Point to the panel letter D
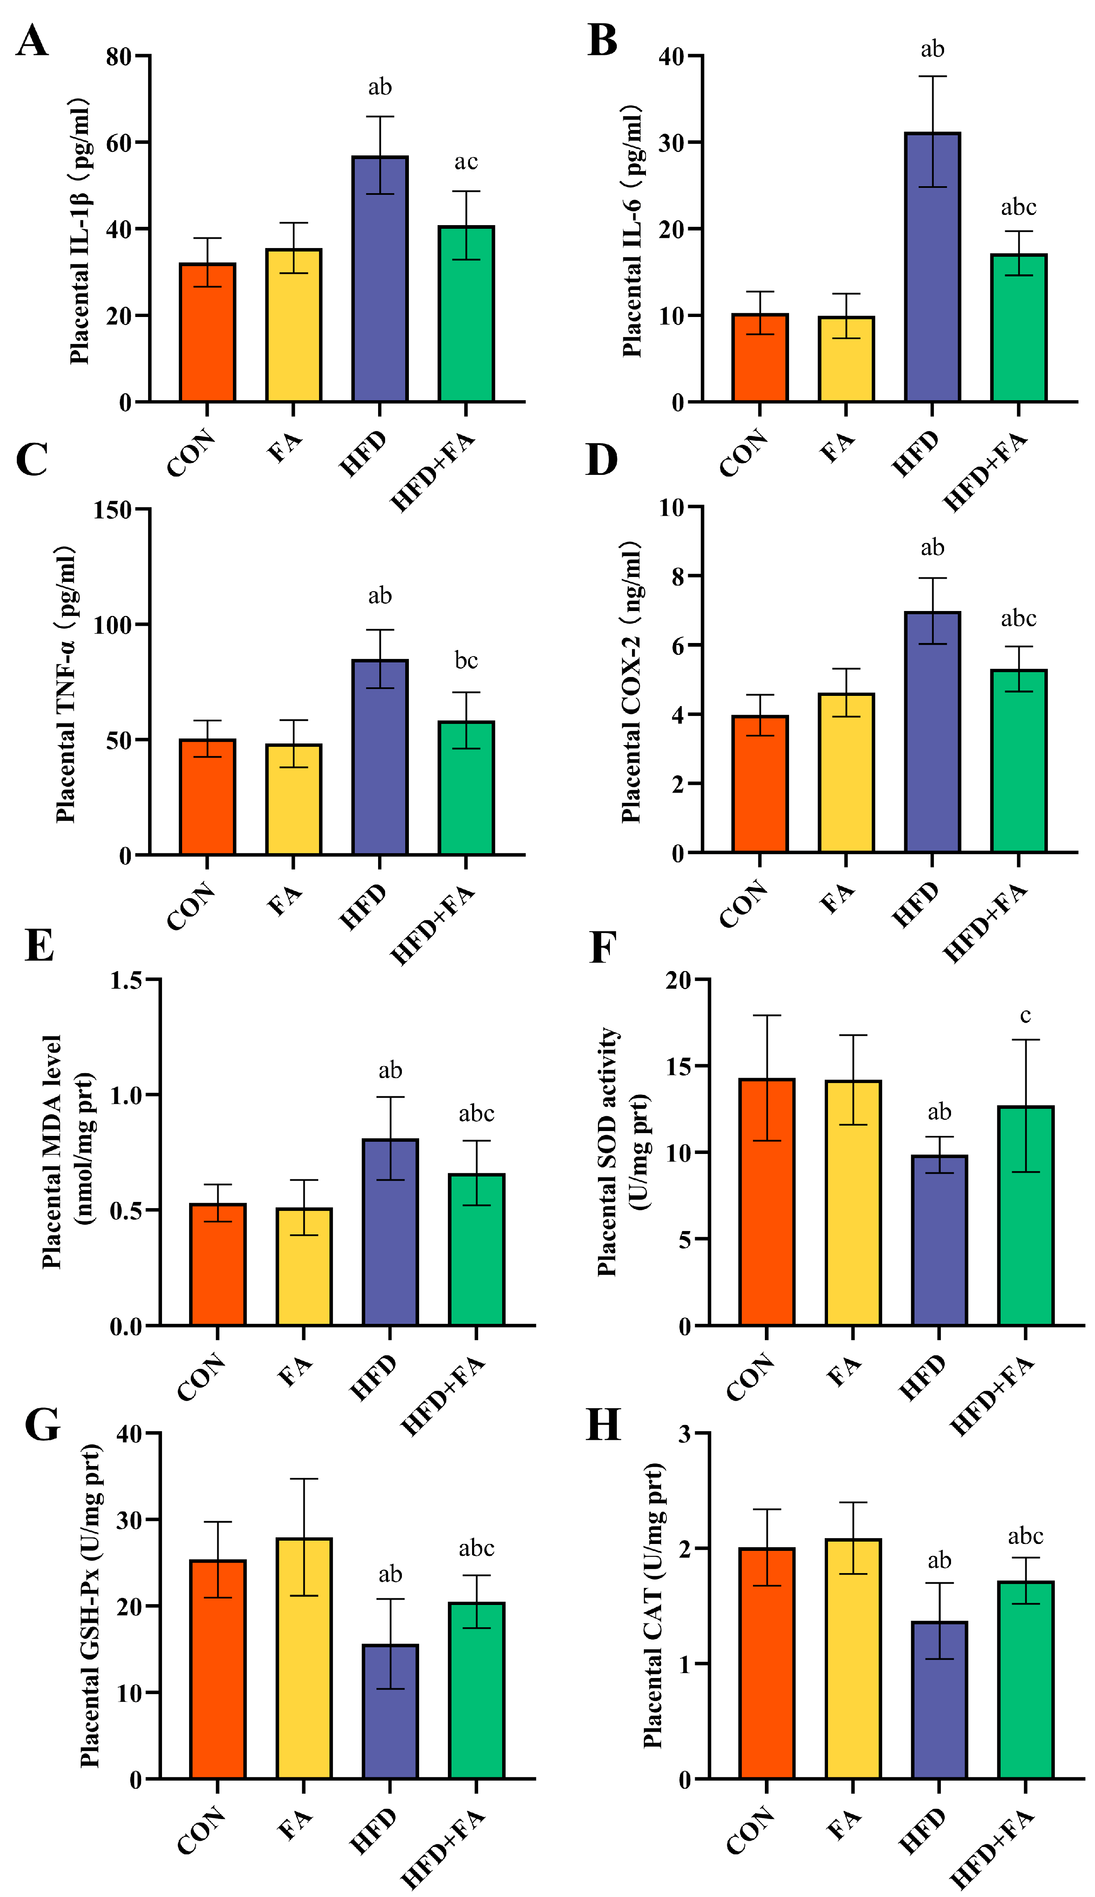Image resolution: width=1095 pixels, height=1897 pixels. click(602, 460)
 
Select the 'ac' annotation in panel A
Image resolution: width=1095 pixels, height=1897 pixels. click(465, 162)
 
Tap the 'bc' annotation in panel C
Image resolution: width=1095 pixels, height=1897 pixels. click(465, 660)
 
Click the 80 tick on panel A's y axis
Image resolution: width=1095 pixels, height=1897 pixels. click(119, 57)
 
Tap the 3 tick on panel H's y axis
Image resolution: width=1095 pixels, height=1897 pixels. click(684, 1434)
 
